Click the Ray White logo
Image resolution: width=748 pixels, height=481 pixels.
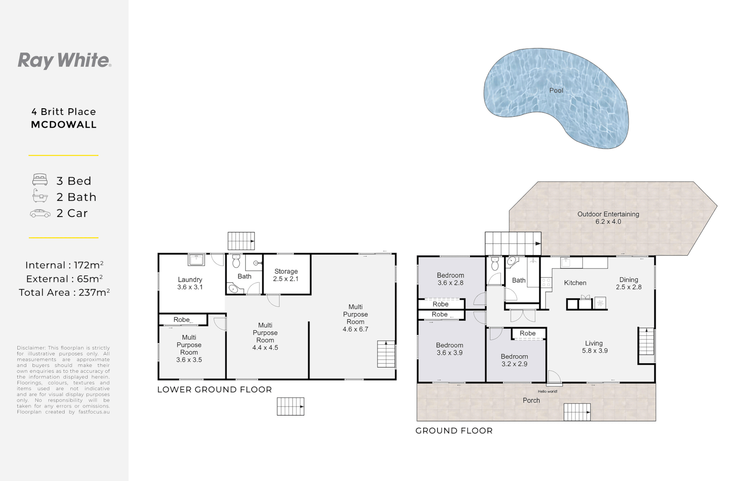(64, 61)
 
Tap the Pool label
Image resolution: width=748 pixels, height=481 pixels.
(556, 90)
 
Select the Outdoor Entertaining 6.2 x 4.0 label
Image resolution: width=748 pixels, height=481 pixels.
(608, 218)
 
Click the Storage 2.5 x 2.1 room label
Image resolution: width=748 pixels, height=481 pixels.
(286, 275)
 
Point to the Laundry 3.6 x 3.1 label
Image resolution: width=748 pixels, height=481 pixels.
(190, 283)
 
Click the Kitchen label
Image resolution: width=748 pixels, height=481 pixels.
(575, 283)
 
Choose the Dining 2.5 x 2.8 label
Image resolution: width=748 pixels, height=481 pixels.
(629, 283)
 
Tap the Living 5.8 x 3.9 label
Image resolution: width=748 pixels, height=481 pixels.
(594, 347)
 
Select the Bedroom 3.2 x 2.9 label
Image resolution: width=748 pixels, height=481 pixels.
(514, 360)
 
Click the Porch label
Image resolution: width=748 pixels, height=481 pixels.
(531, 400)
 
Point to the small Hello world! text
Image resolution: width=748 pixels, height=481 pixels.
(548, 391)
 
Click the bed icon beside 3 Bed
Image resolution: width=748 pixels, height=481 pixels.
(40, 180)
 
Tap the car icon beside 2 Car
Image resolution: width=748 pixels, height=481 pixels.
(40, 214)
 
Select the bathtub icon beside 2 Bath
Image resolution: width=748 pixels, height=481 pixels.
(40, 196)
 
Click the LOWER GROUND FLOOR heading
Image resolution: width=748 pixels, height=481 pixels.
(215, 390)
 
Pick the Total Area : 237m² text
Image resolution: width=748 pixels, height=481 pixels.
(64, 293)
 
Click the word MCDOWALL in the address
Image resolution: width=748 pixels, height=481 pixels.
(64, 125)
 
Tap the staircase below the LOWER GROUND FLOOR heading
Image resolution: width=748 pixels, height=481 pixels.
(290, 407)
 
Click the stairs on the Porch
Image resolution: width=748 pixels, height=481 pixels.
(577, 412)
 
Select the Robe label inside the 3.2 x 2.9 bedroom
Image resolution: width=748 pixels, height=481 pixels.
(528, 333)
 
